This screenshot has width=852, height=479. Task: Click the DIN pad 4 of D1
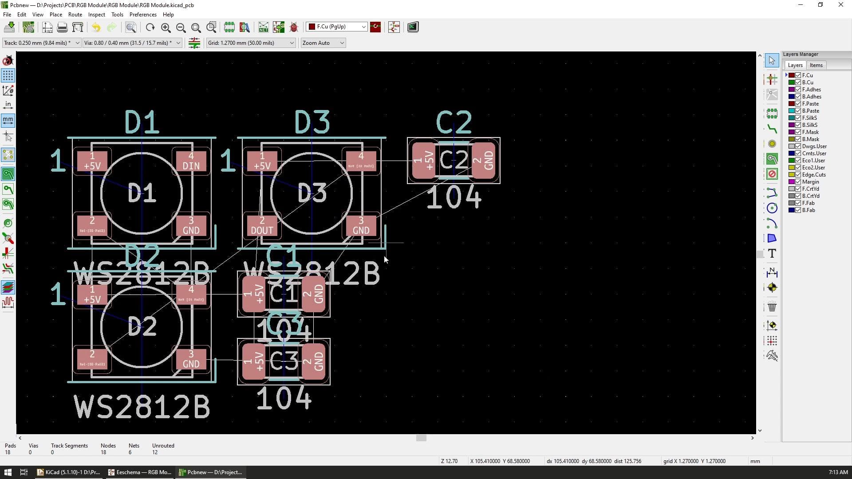click(191, 161)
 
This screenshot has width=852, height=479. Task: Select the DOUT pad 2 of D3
click(262, 226)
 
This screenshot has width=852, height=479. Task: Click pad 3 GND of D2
click(191, 359)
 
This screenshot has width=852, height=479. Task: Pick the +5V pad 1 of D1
click(92, 161)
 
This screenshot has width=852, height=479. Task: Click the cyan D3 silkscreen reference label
click(312, 122)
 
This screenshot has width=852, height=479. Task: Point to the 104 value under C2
click(454, 198)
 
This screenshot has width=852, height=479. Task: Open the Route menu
click(75, 15)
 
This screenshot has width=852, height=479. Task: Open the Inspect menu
click(96, 15)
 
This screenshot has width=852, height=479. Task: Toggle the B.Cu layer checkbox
click(798, 82)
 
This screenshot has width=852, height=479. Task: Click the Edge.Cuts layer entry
click(813, 175)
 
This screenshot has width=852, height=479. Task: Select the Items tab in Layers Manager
click(816, 65)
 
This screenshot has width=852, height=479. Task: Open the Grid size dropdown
click(251, 43)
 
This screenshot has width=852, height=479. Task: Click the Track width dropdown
click(41, 43)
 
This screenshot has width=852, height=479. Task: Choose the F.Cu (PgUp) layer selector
click(337, 27)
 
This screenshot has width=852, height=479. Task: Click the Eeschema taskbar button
click(140, 472)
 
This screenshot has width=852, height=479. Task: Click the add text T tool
click(772, 254)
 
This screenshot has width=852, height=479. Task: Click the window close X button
click(840, 5)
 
